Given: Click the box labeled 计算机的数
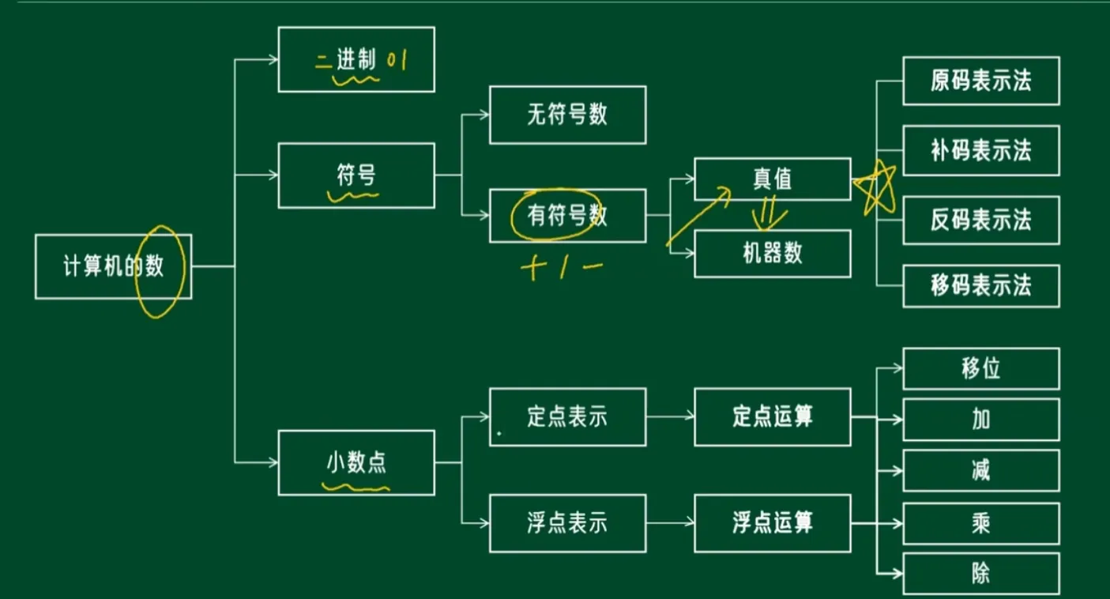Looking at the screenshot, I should [x=113, y=266].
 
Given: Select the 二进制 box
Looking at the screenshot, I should [x=356, y=59].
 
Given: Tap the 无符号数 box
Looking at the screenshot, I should [x=567, y=115].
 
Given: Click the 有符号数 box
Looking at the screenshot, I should [x=567, y=216].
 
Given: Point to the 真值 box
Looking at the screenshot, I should [x=772, y=179].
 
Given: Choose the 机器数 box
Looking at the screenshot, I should [x=772, y=254].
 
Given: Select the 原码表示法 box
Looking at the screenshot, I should [x=980, y=81].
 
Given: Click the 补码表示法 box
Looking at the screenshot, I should [x=980, y=150].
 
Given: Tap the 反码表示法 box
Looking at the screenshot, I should [x=980, y=220].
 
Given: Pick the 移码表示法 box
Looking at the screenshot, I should [x=980, y=286].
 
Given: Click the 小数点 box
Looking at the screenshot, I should [x=356, y=463].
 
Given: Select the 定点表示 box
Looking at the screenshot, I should [x=567, y=417].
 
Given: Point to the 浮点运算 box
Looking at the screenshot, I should [x=772, y=523].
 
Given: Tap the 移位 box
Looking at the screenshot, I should [x=980, y=369].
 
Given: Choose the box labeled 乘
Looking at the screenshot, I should [x=980, y=523].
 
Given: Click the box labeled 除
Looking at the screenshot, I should [x=980, y=574].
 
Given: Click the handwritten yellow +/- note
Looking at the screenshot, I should [x=562, y=267].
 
